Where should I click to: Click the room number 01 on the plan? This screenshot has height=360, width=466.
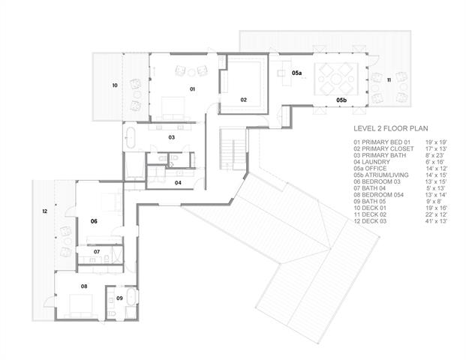click(x=192, y=89)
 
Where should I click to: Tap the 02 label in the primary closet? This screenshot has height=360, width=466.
click(x=244, y=99)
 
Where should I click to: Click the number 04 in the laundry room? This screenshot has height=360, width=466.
click(x=178, y=182)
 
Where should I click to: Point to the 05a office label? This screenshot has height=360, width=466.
click(x=297, y=73)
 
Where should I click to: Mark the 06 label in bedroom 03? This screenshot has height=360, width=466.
click(x=95, y=221)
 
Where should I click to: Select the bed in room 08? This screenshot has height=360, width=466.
click(x=77, y=303)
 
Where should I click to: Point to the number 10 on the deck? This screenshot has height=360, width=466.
click(x=115, y=86)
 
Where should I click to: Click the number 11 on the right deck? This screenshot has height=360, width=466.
click(x=389, y=79)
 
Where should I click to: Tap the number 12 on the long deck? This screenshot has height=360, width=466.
click(x=45, y=212)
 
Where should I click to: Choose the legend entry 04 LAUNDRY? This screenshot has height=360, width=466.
click(x=373, y=162)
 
